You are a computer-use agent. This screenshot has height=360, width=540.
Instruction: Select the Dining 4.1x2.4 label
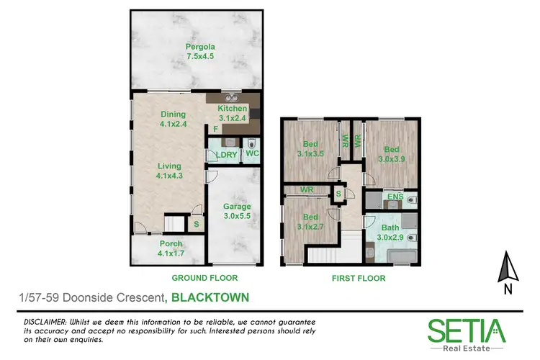174,119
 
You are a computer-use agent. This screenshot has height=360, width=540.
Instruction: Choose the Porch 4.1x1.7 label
171,248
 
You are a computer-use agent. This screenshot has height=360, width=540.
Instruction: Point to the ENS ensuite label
394,196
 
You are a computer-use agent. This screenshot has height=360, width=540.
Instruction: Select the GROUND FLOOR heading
204,278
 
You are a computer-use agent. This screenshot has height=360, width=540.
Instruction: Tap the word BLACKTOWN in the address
210,296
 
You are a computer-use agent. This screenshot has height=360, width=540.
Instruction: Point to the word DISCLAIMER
45,320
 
